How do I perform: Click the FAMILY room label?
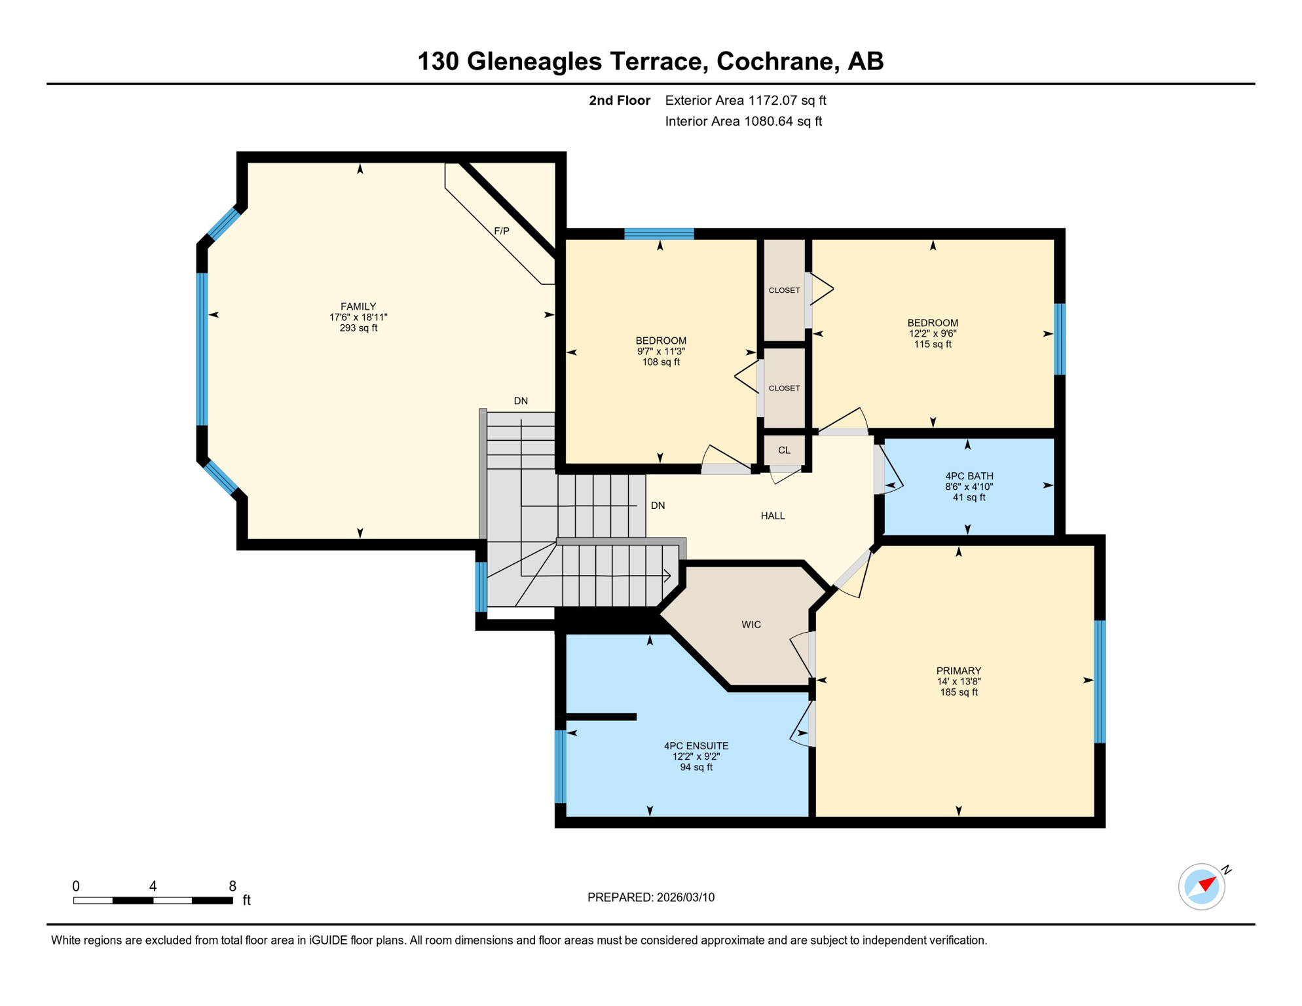[358, 307]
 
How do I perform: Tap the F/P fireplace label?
[502, 231]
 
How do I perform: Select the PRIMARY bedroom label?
[958, 671]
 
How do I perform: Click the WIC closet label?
[751, 625]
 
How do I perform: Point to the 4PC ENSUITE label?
[696, 746]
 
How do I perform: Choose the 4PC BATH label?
[969, 476]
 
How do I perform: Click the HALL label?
[773, 516]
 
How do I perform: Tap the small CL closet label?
[784, 451]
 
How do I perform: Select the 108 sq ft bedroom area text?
[661, 362]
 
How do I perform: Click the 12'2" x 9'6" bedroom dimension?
[933, 333]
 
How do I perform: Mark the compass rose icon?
[1202, 887]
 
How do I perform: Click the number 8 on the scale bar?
[232, 886]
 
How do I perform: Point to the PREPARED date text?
[650, 898]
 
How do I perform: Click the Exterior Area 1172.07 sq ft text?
[745, 100]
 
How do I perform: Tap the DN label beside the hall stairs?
[658, 506]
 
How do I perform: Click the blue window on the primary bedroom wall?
[1100, 681]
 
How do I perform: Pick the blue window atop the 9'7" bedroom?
[659, 234]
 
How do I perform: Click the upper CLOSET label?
[784, 290]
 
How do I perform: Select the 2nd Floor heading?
[619, 100]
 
